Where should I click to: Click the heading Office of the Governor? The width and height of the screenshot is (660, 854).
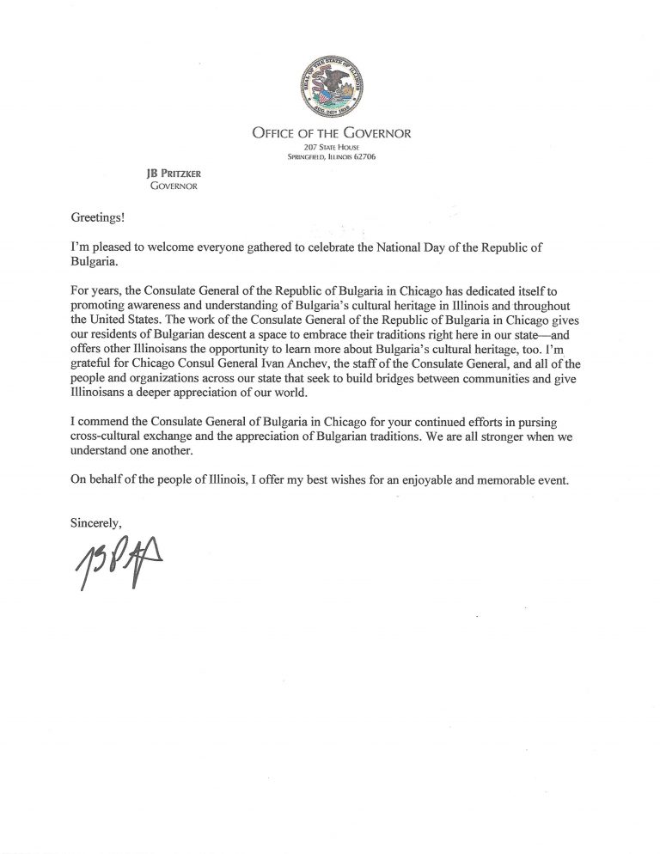coord(332,133)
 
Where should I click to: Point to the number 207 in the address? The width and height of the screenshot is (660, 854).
coord(298,147)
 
